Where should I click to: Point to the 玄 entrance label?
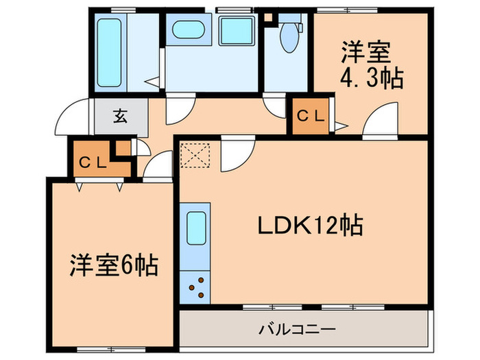121,116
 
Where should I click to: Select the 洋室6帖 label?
113,265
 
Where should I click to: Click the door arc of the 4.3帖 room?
382,118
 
